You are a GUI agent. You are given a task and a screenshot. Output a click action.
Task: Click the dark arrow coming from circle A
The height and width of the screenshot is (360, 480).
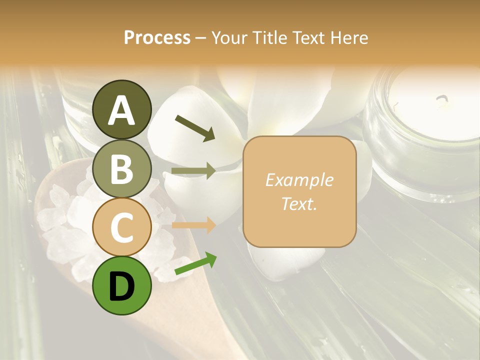pos(195,127)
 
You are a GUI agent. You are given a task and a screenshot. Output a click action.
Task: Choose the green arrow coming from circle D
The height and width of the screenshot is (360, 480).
pos(195,263)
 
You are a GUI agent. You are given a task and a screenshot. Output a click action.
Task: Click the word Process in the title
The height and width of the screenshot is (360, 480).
pos(157,37)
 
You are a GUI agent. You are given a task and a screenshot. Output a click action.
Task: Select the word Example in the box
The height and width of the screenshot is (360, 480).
pos(299,180)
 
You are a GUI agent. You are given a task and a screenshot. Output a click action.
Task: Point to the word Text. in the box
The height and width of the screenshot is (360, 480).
pos(299,203)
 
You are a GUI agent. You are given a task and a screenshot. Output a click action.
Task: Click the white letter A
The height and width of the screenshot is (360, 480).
pos(122,110)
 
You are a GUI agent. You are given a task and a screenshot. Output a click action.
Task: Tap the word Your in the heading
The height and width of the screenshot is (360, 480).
pos(230,37)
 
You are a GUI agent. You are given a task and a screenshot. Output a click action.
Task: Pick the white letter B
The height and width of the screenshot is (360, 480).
pos(122,169)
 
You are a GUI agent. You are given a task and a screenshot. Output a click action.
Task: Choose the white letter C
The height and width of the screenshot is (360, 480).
pos(122,228)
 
